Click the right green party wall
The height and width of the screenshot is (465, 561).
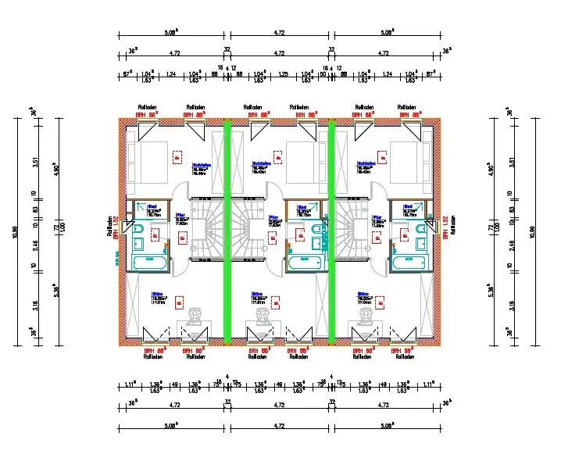click(x=331, y=231)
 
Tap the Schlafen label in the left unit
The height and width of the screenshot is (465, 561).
click(x=155, y=164)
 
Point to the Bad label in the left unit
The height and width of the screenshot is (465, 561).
click(x=153, y=207)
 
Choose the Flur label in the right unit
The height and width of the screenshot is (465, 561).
click(x=377, y=217)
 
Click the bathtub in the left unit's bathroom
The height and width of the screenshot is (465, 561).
click(x=152, y=263)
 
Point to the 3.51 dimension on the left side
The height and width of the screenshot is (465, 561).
click(x=34, y=162)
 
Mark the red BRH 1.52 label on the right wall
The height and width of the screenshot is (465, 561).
click(x=445, y=227)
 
